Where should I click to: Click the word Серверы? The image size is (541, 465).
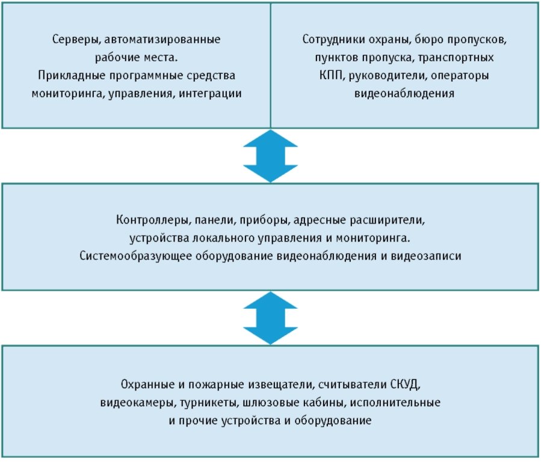(76, 40)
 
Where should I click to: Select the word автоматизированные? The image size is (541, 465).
(162, 39)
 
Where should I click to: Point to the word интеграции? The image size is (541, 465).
(210, 94)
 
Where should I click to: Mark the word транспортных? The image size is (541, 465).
(456, 58)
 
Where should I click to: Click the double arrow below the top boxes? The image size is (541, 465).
(271, 156)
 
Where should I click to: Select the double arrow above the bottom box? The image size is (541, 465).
(271, 318)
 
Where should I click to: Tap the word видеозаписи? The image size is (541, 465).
(426, 256)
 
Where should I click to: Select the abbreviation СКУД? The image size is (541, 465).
(406, 384)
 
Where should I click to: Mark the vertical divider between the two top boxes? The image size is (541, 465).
(271, 65)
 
